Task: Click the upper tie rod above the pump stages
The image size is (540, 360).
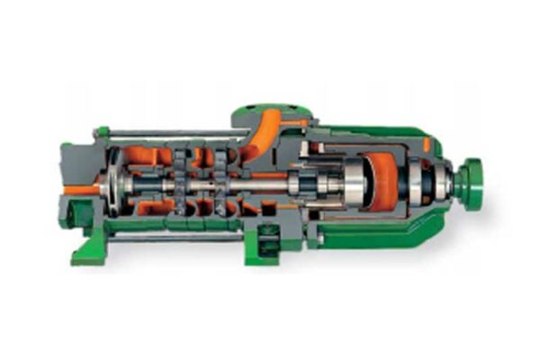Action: tap(171, 134)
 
